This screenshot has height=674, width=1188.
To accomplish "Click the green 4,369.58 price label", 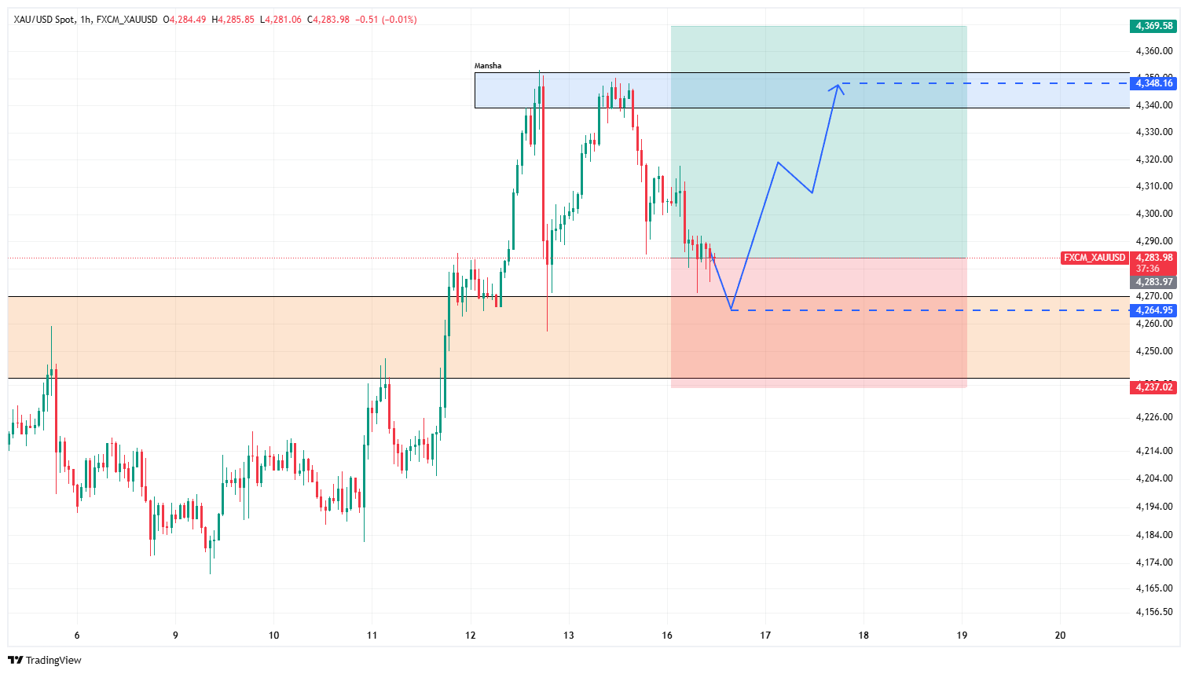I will [1153, 26].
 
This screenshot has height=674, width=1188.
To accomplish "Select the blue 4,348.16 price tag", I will [1153, 83].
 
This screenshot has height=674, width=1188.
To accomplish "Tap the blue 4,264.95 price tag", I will [1153, 310].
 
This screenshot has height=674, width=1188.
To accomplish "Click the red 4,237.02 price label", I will [1153, 387].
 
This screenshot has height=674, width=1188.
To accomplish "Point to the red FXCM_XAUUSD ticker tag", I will [1094, 258].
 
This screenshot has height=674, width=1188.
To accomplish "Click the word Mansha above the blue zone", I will [488, 66].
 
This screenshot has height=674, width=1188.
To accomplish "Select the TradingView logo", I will [45, 660].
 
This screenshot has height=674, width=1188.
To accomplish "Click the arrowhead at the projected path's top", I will [838, 87].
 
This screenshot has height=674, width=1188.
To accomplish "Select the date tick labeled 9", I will [175, 636].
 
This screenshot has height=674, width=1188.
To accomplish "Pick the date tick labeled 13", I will [569, 636].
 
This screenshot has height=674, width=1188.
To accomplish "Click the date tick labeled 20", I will [1060, 636].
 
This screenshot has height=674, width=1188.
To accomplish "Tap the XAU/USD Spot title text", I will [44, 20].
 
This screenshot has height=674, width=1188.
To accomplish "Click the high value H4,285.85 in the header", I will [233, 20].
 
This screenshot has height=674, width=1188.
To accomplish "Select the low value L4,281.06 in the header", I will [281, 20].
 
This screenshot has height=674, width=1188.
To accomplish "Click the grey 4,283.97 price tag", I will [1153, 282].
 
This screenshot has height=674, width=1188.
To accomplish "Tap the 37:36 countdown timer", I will [1147, 269].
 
